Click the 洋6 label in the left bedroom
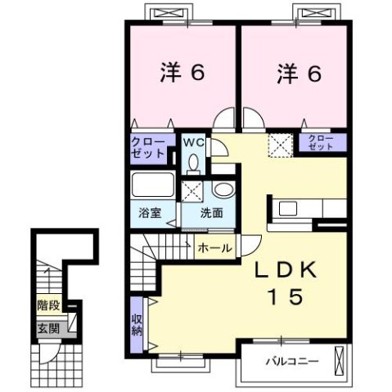coord(181,73)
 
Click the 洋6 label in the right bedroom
coord(296,73)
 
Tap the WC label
coord(193,143)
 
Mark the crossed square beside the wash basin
coord(194,193)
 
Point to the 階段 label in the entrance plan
coord(48,306)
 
